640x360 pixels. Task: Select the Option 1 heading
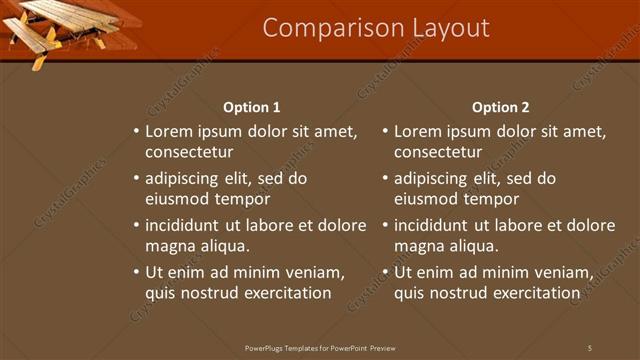[251, 107]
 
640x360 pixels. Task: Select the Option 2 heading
[501, 107]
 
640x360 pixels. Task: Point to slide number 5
[590, 347]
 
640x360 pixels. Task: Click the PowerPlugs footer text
[321, 347]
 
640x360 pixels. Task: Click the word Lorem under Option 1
[169, 131]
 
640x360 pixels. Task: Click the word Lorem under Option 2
[418, 131]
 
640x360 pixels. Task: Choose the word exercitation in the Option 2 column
[533, 293]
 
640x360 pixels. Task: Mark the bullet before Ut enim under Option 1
[137, 272]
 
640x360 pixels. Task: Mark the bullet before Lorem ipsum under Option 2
[386, 131]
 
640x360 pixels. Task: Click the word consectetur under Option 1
[189, 152]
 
